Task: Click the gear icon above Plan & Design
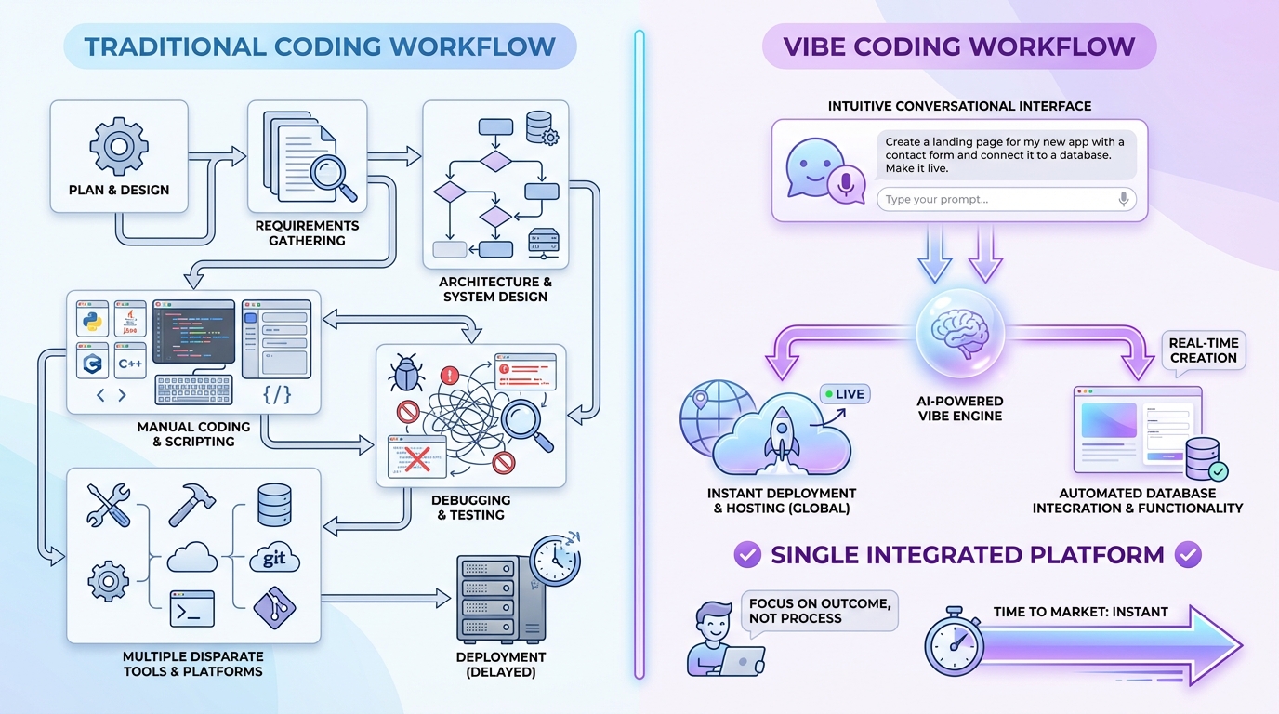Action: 118,147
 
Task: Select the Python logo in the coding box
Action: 92,320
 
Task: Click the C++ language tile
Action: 129,363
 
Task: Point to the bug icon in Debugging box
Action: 406,375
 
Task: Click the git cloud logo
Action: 274,559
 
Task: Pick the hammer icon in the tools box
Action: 191,505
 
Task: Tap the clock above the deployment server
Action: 554,560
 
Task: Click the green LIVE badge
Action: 843,394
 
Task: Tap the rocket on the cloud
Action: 782,435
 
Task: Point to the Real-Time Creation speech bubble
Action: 1203,351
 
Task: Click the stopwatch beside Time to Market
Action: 954,641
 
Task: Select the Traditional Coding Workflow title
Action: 320,46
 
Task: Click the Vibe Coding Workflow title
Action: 958,46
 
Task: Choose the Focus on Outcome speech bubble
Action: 819,611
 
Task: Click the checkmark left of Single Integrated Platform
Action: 747,556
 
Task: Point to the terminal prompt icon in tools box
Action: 191,607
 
